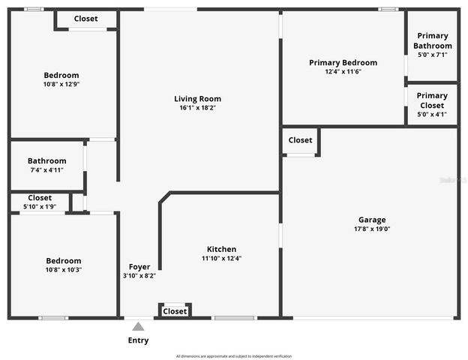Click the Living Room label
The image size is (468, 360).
197,99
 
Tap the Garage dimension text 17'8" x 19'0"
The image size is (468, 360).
373,229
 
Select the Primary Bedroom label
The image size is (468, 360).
343,63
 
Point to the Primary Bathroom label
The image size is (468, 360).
433,40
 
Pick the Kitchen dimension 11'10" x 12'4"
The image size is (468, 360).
221,259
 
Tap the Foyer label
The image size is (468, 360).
139,267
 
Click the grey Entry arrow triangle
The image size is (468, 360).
138,326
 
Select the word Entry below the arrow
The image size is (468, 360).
138,340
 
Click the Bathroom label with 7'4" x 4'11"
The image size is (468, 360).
46,161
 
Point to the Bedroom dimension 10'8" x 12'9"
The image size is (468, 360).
61,85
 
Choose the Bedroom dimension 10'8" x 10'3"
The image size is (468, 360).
61,270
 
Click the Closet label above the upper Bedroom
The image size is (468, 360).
85,19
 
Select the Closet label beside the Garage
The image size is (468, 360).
300,140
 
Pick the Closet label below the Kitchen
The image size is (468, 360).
175,311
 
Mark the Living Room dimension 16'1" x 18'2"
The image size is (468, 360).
197,108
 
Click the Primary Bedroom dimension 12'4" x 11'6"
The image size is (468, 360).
343,72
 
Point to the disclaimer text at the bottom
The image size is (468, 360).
233,355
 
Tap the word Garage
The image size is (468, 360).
372,220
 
